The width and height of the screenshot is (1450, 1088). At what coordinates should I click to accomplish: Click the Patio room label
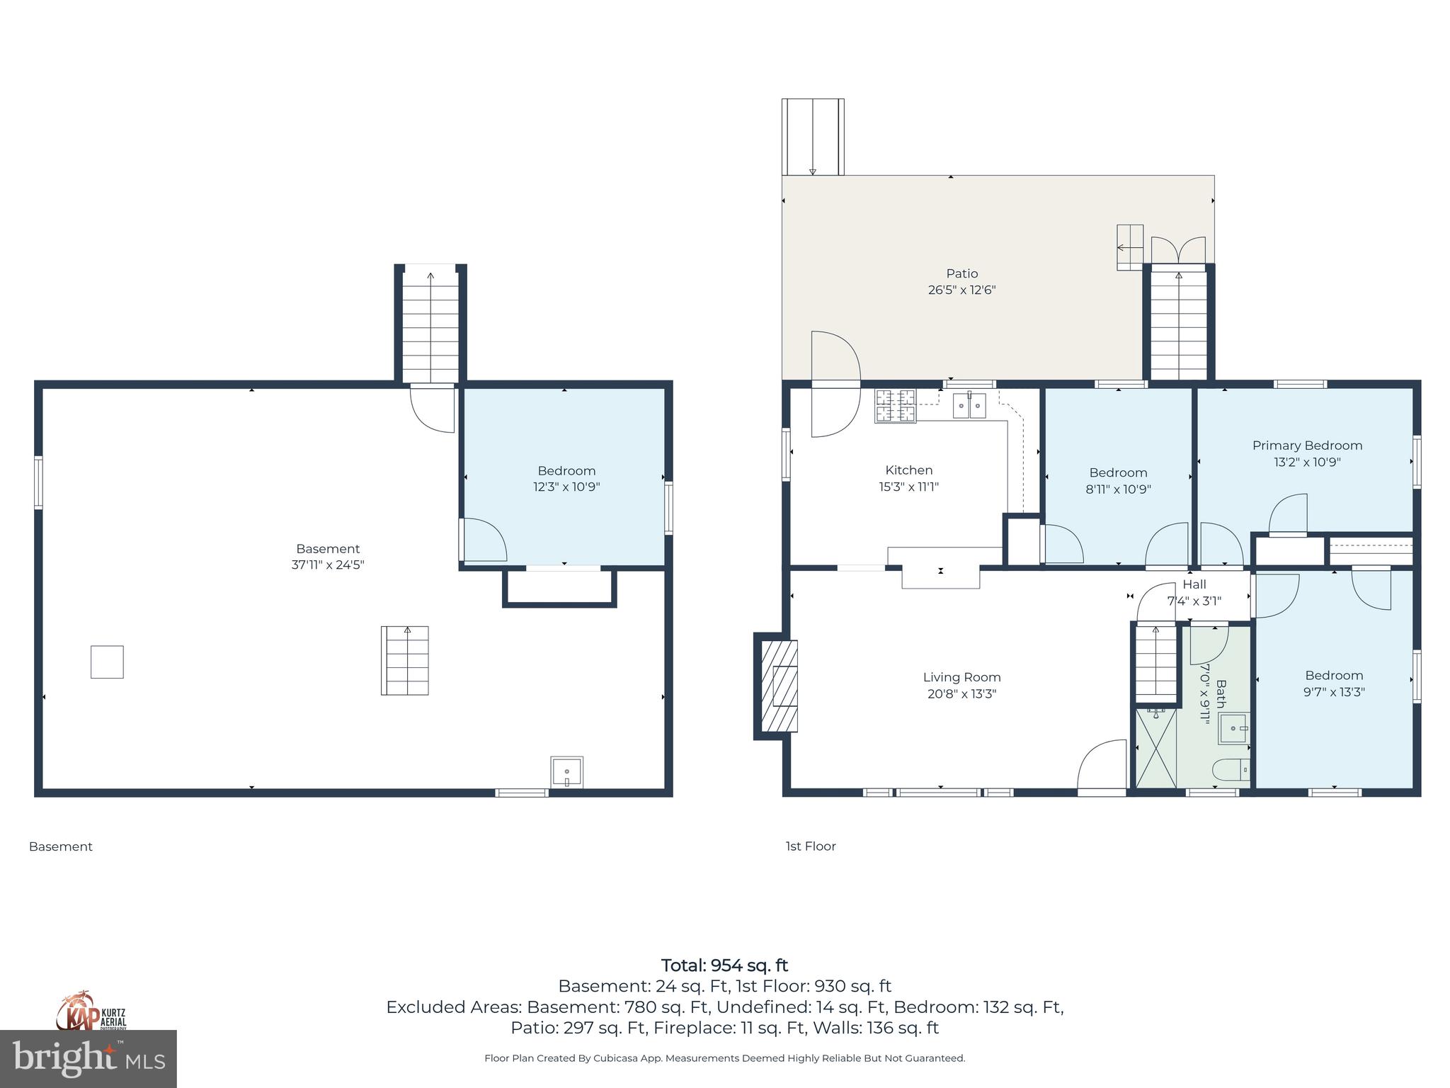(x=961, y=273)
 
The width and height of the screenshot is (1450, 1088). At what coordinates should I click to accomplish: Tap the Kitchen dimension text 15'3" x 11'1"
(x=908, y=487)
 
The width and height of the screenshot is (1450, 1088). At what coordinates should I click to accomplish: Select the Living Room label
(x=961, y=677)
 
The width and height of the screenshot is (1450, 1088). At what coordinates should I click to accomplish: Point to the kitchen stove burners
(x=895, y=406)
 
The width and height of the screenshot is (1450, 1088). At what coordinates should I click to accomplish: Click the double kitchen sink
(x=969, y=406)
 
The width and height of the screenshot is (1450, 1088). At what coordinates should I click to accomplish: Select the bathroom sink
(x=1234, y=728)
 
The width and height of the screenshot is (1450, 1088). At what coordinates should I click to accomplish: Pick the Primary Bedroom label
(x=1307, y=446)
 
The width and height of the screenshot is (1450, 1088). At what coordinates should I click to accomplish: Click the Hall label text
(x=1194, y=584)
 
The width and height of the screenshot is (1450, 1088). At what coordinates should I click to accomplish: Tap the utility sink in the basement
(x=566, y=772)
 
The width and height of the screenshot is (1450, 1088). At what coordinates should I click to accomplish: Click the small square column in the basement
(x=107, y=662)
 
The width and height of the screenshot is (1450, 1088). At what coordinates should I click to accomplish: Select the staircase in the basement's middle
(x=405, y=660)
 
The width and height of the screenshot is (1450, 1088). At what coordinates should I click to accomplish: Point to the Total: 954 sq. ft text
(x=724, y=965)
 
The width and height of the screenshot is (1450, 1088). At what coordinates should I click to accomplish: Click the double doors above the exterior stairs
(x=1178, y=250)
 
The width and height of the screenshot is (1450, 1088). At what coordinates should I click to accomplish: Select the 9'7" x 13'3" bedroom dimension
(x=1334, y=692)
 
